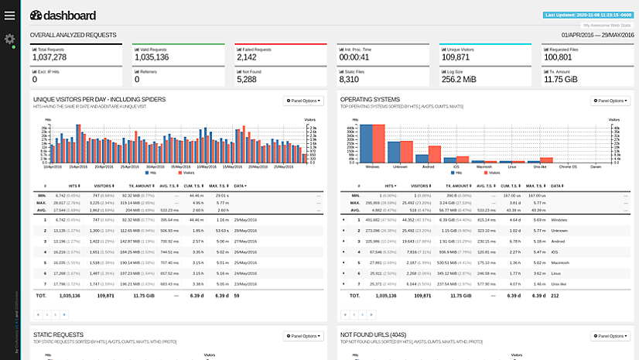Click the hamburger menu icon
(9, 15)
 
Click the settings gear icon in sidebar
(10, 39)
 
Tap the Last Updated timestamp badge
(589, 15)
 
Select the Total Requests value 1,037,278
(50, 57)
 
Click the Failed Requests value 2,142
(248, 57)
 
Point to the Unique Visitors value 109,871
(456, 57)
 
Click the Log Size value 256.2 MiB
(458, 79)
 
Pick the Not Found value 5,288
(248, 79)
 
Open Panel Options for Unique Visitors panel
(303, 101)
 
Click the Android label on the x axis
(428, 166)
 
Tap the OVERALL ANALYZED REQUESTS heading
(73, 35)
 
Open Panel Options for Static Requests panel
(303, 336)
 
